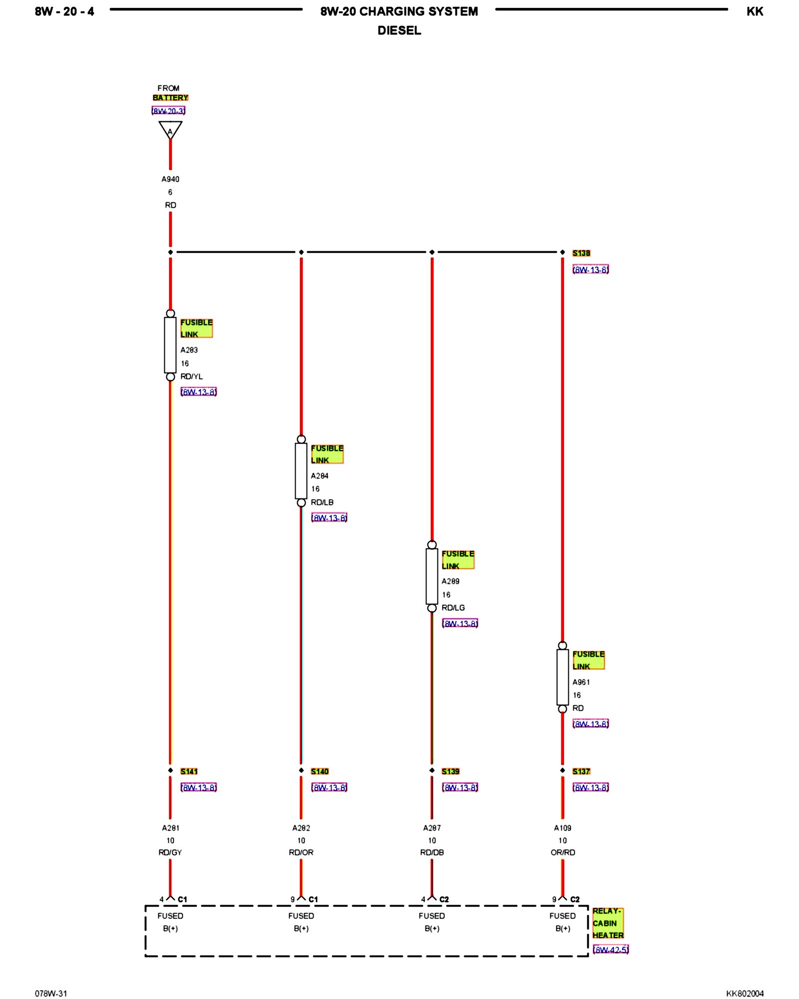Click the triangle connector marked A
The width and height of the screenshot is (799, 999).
[x=170, y=130]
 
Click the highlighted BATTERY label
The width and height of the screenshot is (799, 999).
[x=170, y=98]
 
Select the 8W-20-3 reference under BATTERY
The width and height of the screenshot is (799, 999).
[x=169, y=111]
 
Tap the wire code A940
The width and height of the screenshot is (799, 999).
[x=170, y=179]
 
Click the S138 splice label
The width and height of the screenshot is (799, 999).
[x=581, y=253]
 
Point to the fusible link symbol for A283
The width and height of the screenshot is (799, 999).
[x=170, y=345]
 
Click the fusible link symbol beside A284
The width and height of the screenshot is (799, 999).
[x=301, y=471]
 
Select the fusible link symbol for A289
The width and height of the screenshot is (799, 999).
[x=432, y=576]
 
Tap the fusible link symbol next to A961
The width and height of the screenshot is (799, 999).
[x=563, y=677]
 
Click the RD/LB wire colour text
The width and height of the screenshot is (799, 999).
[x=322, y=502]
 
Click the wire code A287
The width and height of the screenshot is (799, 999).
[x=432, y=828]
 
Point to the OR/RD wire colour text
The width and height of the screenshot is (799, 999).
[x=563, y=853]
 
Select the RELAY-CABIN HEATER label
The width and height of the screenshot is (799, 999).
[x=608, y=923]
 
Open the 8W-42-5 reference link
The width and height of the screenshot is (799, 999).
[x=611, y=950]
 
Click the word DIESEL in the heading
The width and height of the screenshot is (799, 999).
[x=399, y=30]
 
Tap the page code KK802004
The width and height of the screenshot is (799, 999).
[x=745, y=994]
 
